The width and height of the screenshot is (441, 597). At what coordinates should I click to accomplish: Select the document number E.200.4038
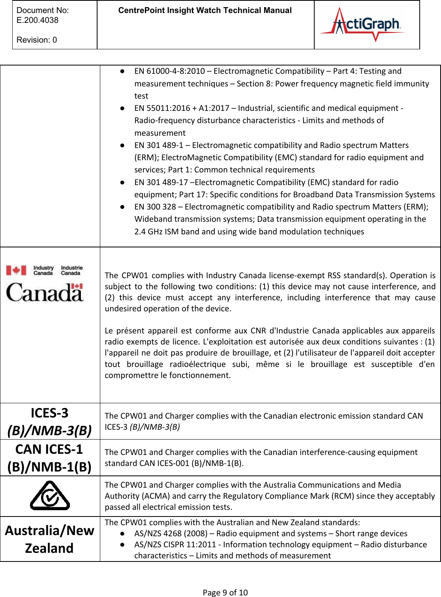[x=38, y=20]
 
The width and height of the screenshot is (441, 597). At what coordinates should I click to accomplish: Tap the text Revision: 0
[x=37, y=40]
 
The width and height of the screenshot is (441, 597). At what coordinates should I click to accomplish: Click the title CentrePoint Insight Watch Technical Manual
[x=205, y=11]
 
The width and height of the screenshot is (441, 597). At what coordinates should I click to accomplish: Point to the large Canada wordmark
[x=45, y=292]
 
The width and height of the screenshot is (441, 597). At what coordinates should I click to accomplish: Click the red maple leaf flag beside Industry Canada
[x=16, y=270]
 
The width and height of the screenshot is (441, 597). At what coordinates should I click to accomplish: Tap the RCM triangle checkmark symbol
[x=50, y=496]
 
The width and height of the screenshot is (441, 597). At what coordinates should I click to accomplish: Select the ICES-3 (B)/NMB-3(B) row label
[x=50, y=421]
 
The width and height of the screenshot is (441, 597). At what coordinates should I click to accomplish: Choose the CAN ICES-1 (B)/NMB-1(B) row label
[x=50, y=458]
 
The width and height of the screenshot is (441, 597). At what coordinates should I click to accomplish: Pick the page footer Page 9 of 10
[x=225, y=592]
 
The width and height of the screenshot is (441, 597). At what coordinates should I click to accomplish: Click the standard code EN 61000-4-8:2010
[x=169, y=71]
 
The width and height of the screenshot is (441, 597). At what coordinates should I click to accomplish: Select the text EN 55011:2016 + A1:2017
[x=182, y=108]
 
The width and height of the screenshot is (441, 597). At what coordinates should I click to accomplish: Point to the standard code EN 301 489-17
[x=161, y=182]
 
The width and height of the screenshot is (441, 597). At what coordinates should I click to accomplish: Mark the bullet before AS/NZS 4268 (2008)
[x=123, y=533]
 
